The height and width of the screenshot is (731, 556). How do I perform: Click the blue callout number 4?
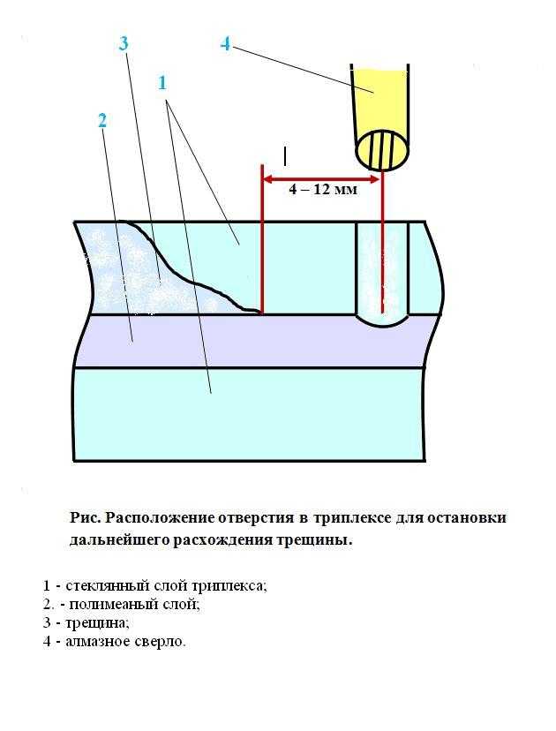(225, 44)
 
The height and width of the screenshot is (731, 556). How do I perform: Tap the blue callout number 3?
(124, 43)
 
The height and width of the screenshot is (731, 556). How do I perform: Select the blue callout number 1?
(162, 83)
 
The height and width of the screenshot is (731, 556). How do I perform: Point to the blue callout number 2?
(102, 121)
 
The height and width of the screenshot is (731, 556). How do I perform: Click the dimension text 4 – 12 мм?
(323, 190)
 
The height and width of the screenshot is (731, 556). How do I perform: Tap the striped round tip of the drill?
(383, 150)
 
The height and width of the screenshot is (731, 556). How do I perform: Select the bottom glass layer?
(250, 414)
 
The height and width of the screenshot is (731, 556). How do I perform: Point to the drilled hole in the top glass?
(382, 274)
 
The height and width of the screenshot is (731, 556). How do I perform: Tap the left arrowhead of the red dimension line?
(267, 179)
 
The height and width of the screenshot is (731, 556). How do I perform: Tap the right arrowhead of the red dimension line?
(376, 179)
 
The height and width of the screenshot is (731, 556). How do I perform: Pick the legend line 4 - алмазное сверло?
(114, 642)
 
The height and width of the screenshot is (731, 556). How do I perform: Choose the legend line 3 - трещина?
(86, 622)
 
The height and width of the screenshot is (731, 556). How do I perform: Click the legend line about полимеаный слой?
(121, 604)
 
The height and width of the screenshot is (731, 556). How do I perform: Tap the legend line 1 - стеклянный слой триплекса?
(154, 585)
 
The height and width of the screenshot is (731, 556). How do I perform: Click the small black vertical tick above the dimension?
(285, 156)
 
